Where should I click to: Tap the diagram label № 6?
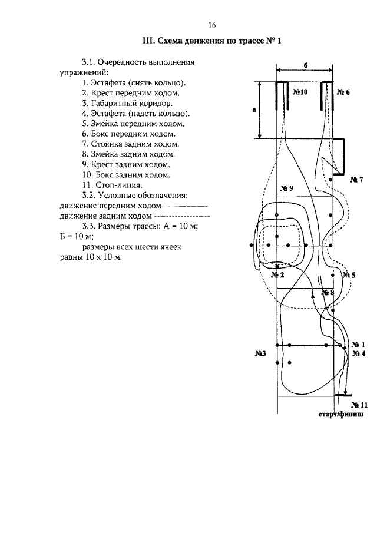tap(343, 92)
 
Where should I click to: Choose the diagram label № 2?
tap(277, 275)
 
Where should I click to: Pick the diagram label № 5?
tap(349, 275)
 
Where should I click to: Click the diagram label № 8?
tap(328, 292)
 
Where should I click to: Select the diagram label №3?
tap(261, 353)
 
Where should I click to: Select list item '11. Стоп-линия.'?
tap(114, 185)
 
